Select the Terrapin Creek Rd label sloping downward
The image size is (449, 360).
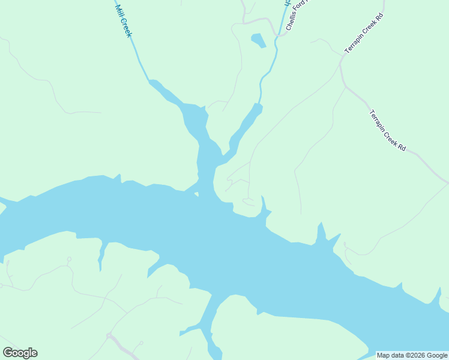tap(388, 130)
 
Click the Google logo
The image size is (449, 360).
tap(20, 353)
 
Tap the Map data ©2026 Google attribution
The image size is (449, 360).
tap(412, 355)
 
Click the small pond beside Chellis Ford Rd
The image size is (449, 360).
tap(258, 41)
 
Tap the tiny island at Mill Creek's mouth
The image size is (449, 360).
tap(196, 194)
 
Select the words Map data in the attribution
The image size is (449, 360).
tap(390, 355)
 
